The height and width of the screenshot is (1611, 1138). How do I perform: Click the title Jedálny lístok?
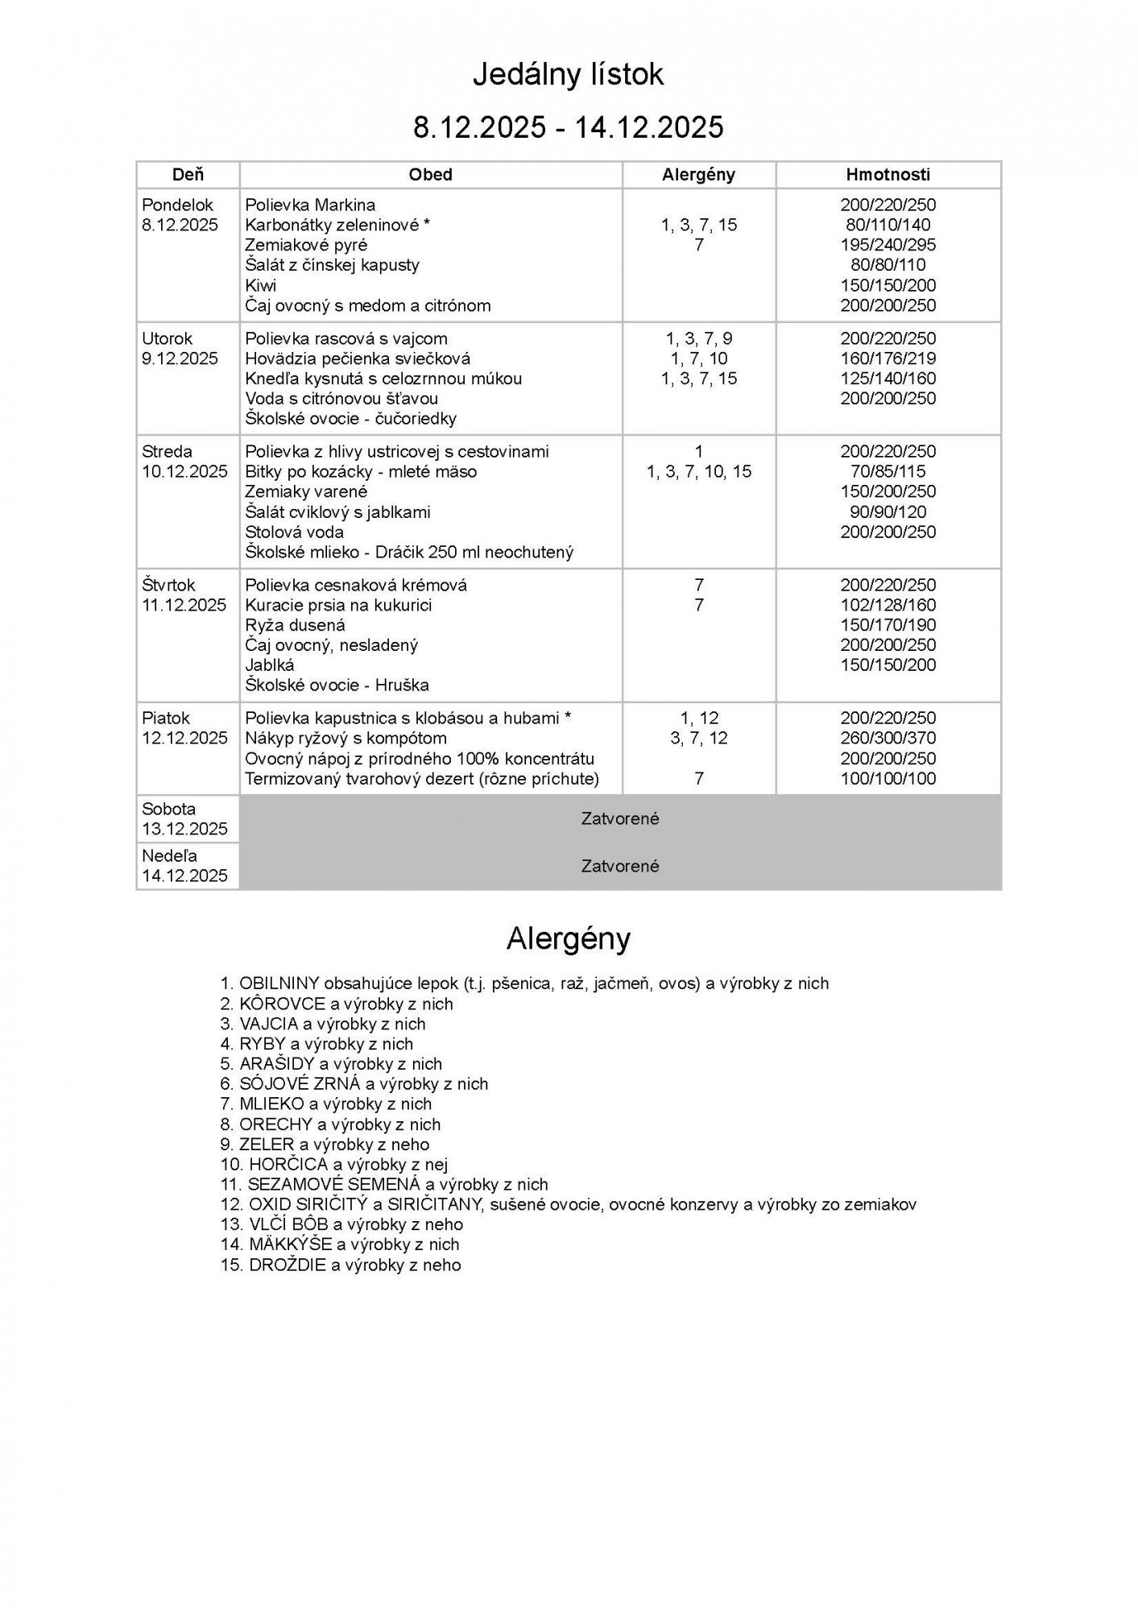[568, 75]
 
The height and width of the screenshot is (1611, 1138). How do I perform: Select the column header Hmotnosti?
[888, 175]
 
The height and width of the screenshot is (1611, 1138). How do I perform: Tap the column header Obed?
[430, 175]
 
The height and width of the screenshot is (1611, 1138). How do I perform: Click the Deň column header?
[188, 175]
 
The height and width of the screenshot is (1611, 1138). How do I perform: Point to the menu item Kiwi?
[261, 285]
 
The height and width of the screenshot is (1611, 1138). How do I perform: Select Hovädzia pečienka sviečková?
[358, 358]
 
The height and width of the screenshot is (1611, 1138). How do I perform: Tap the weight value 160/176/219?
[888, 358]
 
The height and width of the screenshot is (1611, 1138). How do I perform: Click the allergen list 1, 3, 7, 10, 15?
[698, 471]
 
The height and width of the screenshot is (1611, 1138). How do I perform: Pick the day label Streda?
[168, 451]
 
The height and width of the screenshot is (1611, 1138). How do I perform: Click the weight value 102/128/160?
[888, 605]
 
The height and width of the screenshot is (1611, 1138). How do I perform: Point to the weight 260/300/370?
[888, 738]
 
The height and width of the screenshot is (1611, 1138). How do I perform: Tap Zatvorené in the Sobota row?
[620, 818]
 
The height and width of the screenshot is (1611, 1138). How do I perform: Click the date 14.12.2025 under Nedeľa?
[184, 876]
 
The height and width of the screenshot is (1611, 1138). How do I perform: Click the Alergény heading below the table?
[568, 938]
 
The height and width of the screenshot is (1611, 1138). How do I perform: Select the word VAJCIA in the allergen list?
[268, 1024]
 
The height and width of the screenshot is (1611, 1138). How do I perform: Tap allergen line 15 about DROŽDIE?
[341, 1265]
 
